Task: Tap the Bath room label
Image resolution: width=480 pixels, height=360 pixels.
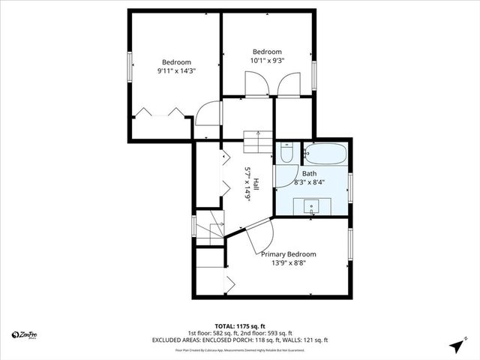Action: tap(309, 173)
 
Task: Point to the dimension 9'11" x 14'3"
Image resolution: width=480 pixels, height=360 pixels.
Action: tap(174, 70)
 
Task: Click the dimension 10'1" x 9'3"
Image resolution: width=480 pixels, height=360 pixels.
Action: tap(267, 60)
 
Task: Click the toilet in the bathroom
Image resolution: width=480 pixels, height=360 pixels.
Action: tap(285, 154)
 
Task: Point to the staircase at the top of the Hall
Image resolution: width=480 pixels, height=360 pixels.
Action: tap(259, 140)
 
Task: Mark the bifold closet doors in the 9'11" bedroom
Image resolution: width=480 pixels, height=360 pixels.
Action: tap(160, 112)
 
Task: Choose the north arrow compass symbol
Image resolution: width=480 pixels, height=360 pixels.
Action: tap(454, 345)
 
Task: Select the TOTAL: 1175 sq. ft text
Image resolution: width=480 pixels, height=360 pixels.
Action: tap(239, 325)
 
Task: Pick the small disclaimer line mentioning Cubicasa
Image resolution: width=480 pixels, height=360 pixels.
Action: tap(239, 349)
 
